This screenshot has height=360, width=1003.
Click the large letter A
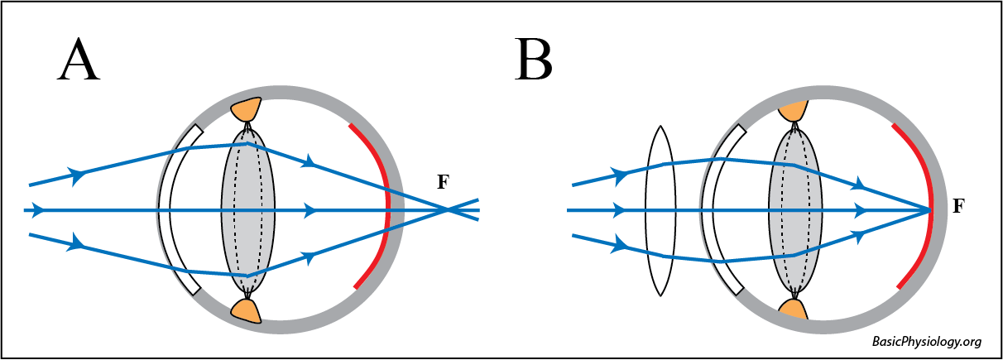(x=79, y=60)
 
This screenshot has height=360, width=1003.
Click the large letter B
(x=533, y=60)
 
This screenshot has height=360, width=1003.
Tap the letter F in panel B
(x=958, y=206)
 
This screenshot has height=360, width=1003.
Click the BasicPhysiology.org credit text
(x=927, y=342)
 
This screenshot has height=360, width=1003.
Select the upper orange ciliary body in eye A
(x=247, y=109)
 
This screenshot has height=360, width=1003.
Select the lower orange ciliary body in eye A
(x=247, y=310)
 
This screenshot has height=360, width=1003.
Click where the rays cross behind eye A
(x=448, y=210)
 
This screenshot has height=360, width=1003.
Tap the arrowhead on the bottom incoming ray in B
(x=619, y=245)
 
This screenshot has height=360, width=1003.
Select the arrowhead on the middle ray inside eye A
(x=311, y=210)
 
